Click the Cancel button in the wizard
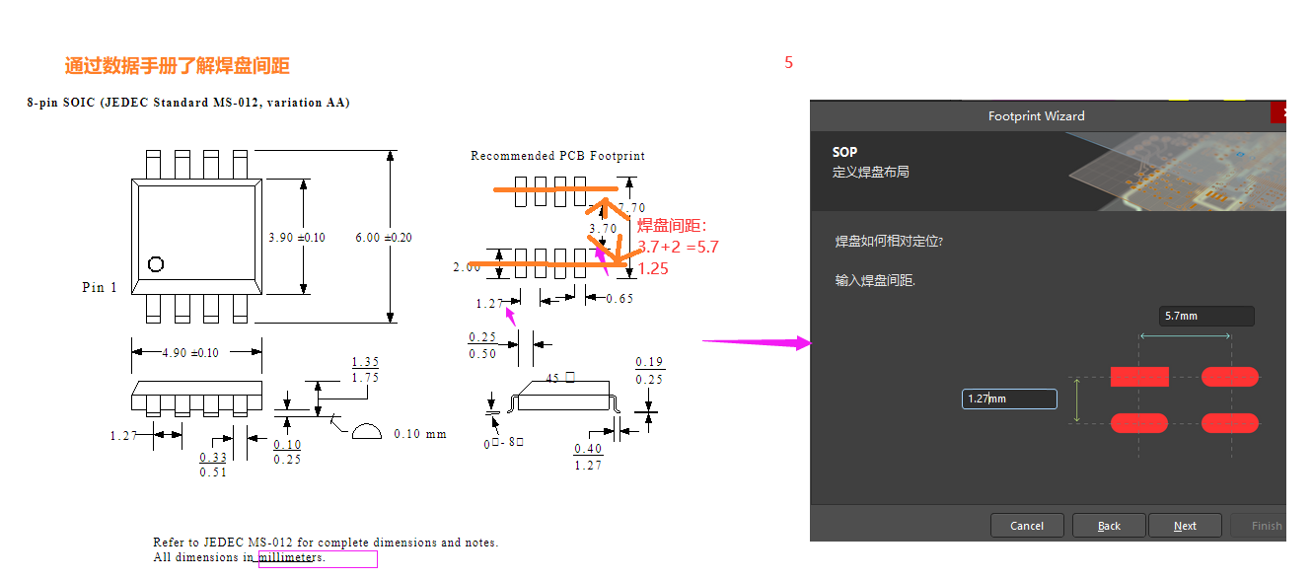(x=1027, y=526)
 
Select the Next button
(x=1185, y=526)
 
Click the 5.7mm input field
(x=1205, y=317)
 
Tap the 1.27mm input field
(x=1008, y=399)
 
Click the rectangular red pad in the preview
(x=1139, y=376)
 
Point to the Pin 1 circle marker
(x=155, y=263)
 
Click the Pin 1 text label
(x=100, y=287)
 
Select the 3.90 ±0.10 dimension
(x=297, y=238)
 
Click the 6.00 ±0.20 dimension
(x=384, y=238)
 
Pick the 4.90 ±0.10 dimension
(x=190, y=353)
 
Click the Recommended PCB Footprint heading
(x=557, y=156)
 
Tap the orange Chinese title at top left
(x=178, y=66)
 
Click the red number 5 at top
(x=788, y=63)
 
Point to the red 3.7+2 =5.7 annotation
(x=678, y=247)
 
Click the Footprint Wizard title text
(x=1036, y=116)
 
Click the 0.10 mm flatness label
(x=419, y=434)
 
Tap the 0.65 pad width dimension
(x=620, y=298)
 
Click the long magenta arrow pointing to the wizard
(x=755, y=342)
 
